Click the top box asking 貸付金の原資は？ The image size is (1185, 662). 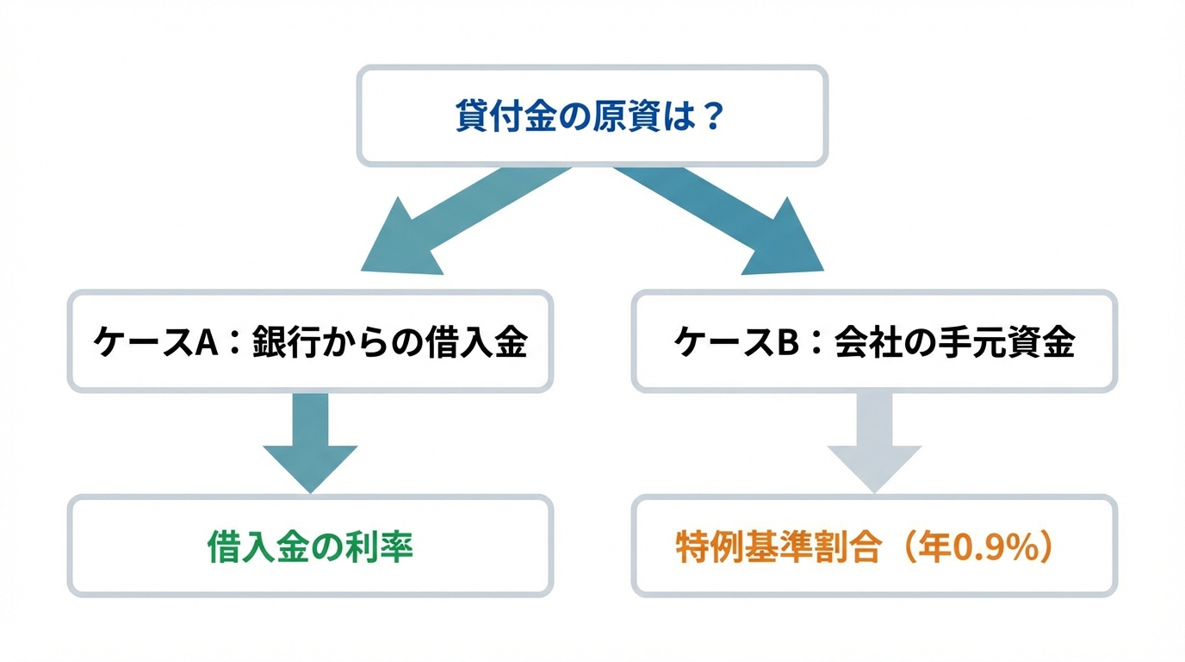592,116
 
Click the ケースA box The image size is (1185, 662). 310,341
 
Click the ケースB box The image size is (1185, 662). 874,341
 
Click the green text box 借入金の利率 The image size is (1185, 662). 310,546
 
